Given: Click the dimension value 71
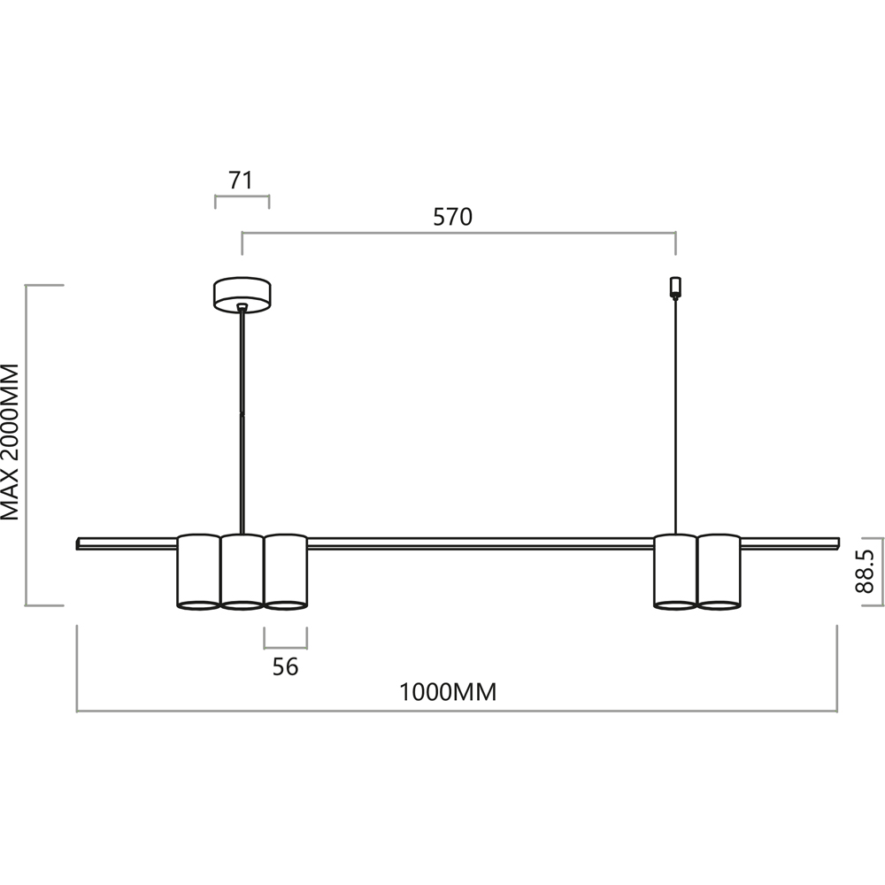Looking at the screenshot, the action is click(x=241, y=180).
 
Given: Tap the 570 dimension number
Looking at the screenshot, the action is click(x=452, y=217).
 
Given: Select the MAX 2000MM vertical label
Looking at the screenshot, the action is click(x=10, y=442).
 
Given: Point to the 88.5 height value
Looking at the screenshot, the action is click(x=864, y=572).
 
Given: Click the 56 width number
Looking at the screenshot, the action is click(x=285, y=666).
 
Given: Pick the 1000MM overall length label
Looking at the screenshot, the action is click(x=448, y=692).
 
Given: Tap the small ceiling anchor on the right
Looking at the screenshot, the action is click(x=675, y=287).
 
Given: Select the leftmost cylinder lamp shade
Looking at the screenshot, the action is click(x=198, y=572).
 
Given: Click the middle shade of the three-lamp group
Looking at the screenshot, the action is click(x=242, y=572).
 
